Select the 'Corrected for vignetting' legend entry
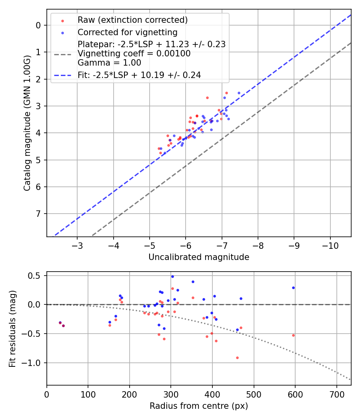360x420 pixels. (x=128, y=32)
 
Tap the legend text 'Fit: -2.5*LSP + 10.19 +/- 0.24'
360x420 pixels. (x=139, y=75)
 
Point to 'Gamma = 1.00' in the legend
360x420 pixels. (x=109, y=62)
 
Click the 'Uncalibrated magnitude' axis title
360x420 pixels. (x=199, y=257)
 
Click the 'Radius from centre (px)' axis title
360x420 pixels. (x=199, y=406)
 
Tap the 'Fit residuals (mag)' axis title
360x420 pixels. (x=12, y=328)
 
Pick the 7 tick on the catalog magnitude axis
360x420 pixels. (x=38, y=214)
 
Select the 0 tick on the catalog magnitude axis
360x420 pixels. (x=38, y=25)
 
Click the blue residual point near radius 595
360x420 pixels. (x=293, y=288)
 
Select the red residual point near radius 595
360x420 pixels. (x=293, y=335)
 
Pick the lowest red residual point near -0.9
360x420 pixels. (x=237, y=358)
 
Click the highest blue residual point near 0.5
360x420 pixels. (x=172, y=276)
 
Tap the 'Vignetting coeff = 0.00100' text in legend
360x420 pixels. (x=134, y=54)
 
